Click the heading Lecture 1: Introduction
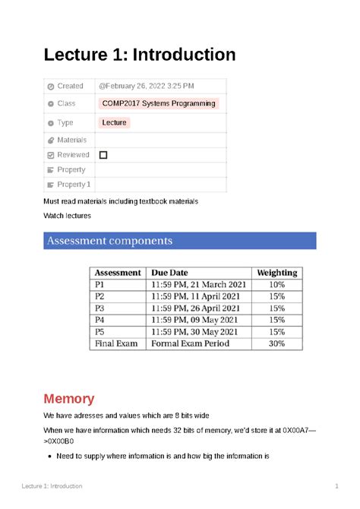tap(140, 55)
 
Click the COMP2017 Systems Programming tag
tap(159, 103)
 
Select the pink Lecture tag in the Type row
tap(115, 122)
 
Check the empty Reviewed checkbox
tap(103, 155)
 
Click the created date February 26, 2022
tap(146, 86)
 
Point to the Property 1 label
tap(74, 185)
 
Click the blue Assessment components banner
tap(179, 241)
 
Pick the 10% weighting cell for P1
tap(276, 284)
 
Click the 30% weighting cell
tap(276, 343)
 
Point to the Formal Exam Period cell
tap(187, 343)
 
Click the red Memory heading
tap(68, 399)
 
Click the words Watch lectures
tap(68, 216)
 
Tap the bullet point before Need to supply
tap(49, 457)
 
